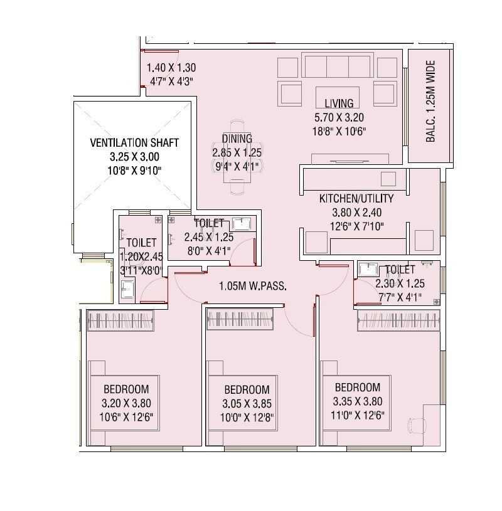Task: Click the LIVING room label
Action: [x=339, y=103]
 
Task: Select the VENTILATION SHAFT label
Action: [x=134, y=143]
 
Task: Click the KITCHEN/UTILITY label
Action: [x=356, y=199]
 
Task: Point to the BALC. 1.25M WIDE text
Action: [x=430, y=102]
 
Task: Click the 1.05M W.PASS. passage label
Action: [x=253, y=287]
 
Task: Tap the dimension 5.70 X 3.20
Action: [x=339, y=117]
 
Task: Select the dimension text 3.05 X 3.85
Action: [x=247, y=403]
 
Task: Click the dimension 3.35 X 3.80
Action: [x=357, y=402]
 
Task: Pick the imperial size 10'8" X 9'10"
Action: [x=134, y=170]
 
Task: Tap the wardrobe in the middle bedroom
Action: [x=240, y=321]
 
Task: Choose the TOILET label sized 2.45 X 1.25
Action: [x=209, y=223]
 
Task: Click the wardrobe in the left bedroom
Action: [x=119, y=321]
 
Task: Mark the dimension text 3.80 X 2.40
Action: [x=356, y=213]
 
